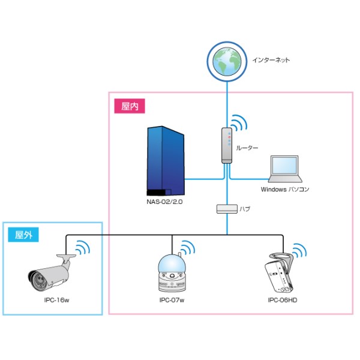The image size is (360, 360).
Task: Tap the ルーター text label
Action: (x=247, y=147)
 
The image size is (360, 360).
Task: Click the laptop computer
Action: (x=285, y=169)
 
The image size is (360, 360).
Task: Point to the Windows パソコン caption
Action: (x=285, y=189)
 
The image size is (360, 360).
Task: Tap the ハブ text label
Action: (x=245, y=210)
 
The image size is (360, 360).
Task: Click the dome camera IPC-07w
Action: (x=172, y=274)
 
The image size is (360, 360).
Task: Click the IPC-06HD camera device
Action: (x=280, y=272)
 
